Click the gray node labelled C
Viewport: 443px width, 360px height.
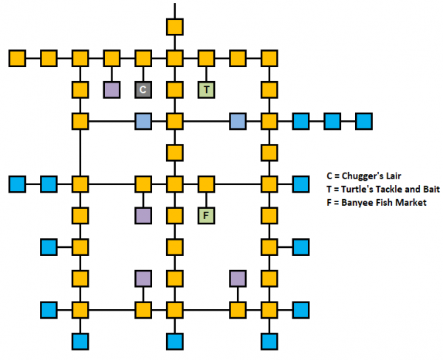pos(143,89)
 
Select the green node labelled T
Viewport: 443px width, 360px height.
pos(207,89)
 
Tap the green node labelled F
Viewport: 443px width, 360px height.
pos(207,215)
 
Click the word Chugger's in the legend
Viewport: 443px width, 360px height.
pos(360,177)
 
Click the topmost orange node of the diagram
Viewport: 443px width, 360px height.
pos(175,27)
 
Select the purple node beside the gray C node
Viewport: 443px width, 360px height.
pos(111,89)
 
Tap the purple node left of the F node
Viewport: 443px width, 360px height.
pos(143,215)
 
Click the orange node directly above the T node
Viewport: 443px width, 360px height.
pos(207,58)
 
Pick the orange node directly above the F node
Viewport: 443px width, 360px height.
pos(207,184)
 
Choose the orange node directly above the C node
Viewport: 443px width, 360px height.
pos(143,58)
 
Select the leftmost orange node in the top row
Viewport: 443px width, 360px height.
pos(17,58)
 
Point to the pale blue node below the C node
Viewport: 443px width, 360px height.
pos(143,120)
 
